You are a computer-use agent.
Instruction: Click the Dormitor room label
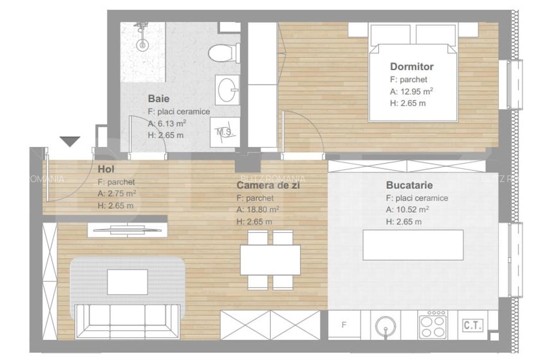coord(412,66)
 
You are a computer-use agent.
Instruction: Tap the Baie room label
coord(159,98)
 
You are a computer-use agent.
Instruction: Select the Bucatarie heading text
coord(409,185)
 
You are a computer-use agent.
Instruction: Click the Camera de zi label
coord(268,185)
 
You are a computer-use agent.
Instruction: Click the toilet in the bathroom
coord(224,53)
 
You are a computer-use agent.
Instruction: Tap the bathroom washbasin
coord(227,90)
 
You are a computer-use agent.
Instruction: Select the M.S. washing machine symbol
coord(225,132)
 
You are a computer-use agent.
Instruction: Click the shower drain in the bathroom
coord(143,45)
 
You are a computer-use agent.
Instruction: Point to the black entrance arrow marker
coord(70,141)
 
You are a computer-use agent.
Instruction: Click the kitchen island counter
coord(413,245)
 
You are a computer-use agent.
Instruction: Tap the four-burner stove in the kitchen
coord(432,325)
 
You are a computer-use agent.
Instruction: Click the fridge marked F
coord(344,325)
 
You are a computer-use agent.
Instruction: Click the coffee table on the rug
coord(127,282)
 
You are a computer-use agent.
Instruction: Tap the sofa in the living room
coord(127,321)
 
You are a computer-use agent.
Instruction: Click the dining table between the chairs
coord(270,260)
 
